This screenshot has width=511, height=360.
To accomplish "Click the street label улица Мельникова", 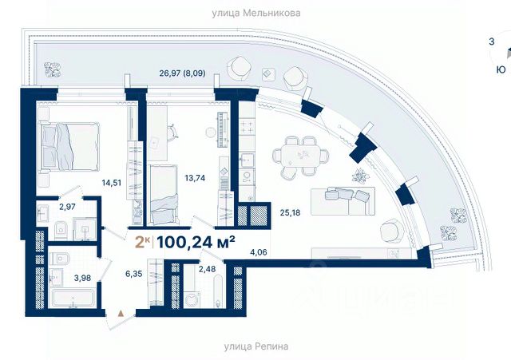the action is [256, 13].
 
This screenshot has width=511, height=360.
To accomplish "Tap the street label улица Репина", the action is [256, 346].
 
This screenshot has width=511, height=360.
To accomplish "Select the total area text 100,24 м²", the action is [196, 242].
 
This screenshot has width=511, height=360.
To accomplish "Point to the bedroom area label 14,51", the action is [112, 183].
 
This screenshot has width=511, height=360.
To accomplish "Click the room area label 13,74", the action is [195, 178].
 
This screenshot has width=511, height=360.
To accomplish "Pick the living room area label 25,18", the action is [290, 213].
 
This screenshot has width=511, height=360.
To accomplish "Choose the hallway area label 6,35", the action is [134, 274].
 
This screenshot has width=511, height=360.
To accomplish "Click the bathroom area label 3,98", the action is [82, 278].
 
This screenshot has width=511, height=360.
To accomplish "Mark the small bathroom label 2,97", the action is [67, 207].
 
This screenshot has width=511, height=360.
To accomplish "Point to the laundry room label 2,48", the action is [207, 269].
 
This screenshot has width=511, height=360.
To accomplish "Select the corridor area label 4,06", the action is [259, 251].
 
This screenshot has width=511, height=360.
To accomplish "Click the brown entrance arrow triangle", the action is [121, 314].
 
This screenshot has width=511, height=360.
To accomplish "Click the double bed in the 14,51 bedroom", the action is [69, 146].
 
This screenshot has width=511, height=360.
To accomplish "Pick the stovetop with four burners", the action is [247, 126].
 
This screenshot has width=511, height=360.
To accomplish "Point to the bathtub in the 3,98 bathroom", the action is [73, 298].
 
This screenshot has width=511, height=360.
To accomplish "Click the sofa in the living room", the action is [343, 200].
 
